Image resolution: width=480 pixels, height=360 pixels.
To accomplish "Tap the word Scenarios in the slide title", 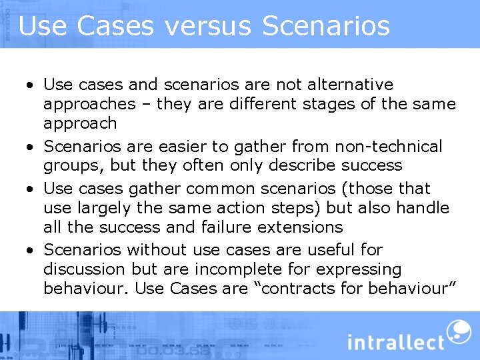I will pyautogui.click(x=326, y=26).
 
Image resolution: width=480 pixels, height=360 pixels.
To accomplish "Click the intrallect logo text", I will pyautogui.click(x=396, y=343).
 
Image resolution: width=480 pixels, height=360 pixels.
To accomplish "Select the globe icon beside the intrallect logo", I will pyautogui.click(x=459, y=331).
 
